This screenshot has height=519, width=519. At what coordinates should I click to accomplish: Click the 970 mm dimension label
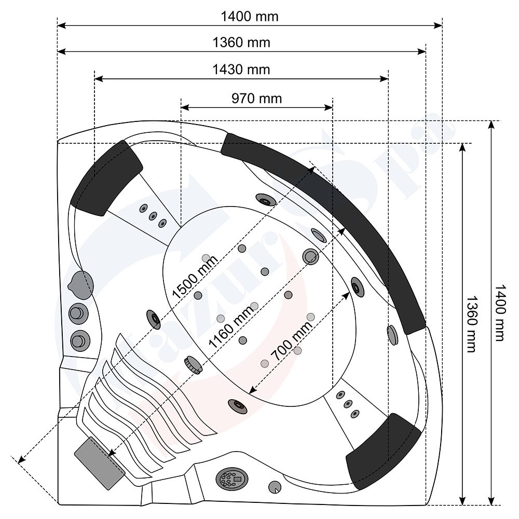pos(256,99)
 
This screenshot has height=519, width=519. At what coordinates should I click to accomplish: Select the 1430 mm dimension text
pos(241,70)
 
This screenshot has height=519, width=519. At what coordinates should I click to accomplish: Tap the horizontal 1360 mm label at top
pos(241,43)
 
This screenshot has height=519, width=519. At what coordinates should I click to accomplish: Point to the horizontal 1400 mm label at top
pos(250,17)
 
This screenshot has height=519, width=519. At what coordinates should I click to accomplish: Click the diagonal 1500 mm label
pos(195,277)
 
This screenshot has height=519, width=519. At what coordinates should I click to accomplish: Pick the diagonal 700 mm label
pos(291,341)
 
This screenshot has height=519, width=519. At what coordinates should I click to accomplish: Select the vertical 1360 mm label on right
pos(471,324)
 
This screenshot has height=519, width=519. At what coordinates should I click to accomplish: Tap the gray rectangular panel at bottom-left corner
pos(100,463)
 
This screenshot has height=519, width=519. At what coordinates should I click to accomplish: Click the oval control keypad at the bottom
pos(231,478)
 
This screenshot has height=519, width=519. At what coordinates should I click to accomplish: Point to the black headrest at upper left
pos(106,177)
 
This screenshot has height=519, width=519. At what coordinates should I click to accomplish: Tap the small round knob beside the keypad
pos(275,487)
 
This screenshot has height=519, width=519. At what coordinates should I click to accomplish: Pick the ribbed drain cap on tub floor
pos(193,365)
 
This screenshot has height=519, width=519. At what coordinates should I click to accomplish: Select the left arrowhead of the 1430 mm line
pos(99,79)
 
